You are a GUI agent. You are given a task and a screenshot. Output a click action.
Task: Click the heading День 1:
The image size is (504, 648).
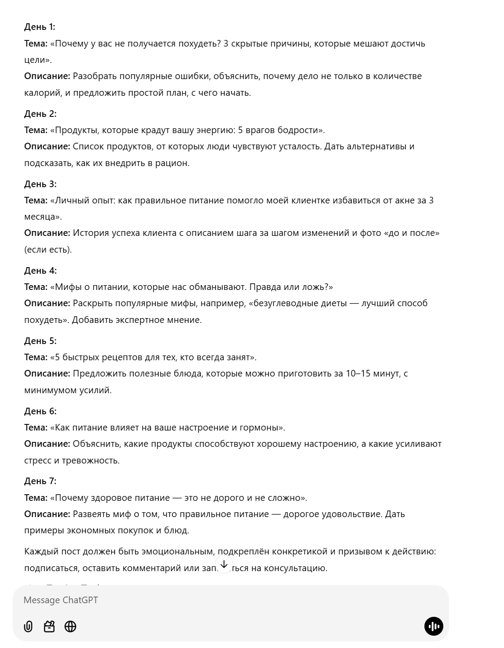point(40,27)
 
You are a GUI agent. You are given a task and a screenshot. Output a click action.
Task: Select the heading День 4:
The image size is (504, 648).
point(40,271)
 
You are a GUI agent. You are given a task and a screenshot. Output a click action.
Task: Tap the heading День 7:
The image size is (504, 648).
point(40,481)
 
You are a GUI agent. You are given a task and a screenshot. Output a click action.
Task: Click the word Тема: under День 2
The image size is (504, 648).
point(36,130)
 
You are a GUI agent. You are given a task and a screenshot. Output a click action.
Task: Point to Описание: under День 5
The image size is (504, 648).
point(47,373)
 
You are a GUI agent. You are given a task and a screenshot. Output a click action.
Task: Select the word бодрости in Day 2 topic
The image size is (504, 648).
point(297,130)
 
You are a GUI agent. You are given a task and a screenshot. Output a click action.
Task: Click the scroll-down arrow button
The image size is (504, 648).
point(224,565)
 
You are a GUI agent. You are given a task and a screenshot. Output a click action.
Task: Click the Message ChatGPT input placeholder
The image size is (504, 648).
point(61,600)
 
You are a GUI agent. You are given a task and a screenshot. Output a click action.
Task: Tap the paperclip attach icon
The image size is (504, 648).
point(28,626)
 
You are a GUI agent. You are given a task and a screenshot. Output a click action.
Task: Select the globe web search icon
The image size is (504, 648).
point(70,626)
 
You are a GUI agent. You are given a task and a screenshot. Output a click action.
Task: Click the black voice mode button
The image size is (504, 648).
point(434,626)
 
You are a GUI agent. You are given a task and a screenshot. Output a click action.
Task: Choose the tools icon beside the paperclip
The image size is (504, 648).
point(49,626)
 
